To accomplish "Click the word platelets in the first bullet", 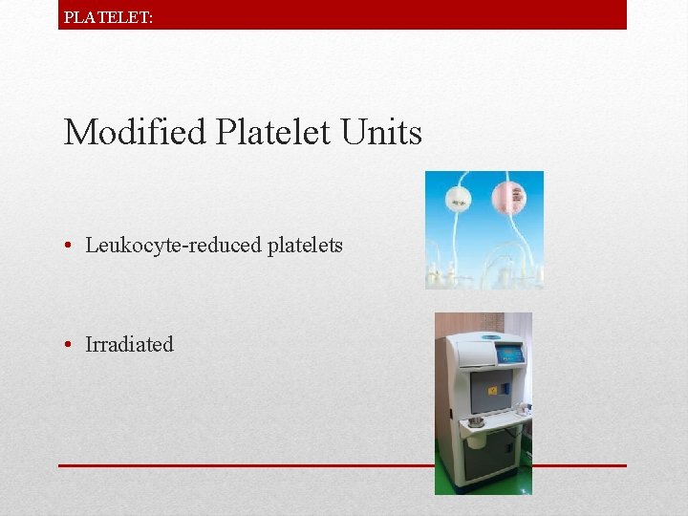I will pos(305,246).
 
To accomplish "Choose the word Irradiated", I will pos(130,345).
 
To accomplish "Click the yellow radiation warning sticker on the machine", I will pos(493,390).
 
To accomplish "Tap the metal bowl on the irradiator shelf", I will pos(475,421).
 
